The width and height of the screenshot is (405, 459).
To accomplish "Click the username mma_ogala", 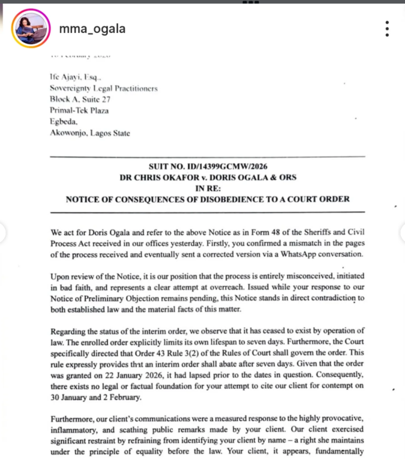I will (92, 29).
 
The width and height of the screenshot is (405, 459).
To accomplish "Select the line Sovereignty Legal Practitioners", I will (103, 88).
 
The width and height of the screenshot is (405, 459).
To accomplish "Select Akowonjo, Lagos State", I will (90, 133).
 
